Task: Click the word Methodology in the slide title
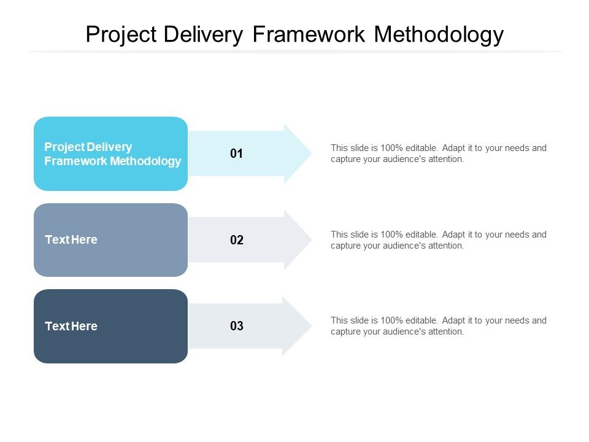[439, 35]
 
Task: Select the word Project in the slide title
[121, 35]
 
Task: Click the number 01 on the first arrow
[237, 154]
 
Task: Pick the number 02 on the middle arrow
[237, 240]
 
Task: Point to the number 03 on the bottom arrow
[237, 327]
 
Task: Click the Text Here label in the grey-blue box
[71, 240]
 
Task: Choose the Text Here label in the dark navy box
[71, 327]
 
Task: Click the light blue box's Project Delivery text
[88, 147]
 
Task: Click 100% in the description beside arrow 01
[391, 148]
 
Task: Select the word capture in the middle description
[345, 246]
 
